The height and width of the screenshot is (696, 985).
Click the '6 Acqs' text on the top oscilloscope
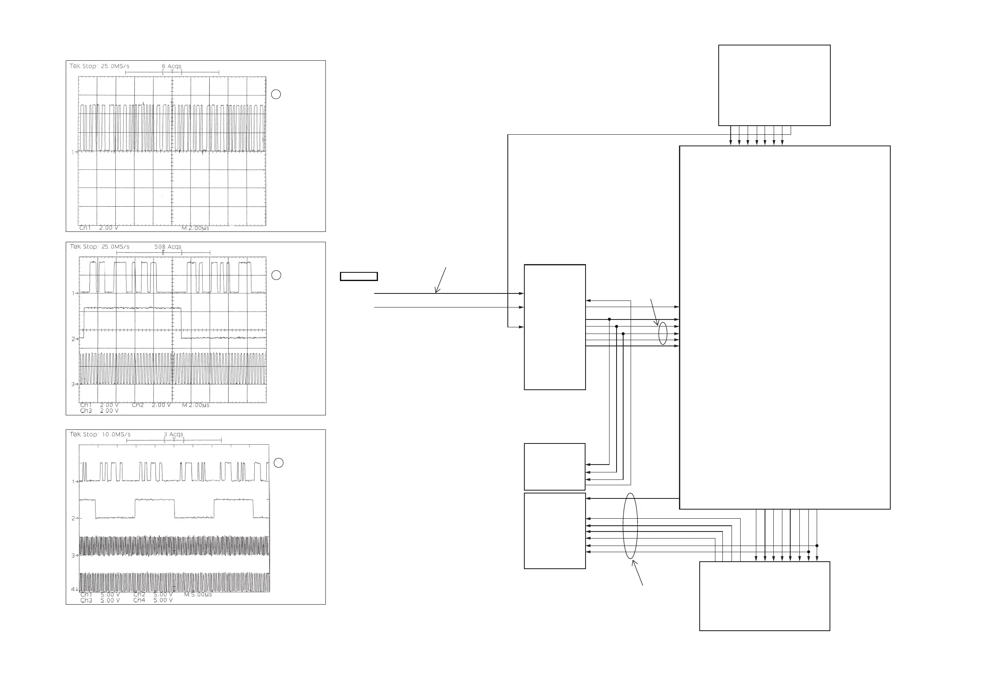(171, 66)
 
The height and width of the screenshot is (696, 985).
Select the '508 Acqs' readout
(168, 247)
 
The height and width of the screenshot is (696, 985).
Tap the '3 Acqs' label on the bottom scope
(173, 434)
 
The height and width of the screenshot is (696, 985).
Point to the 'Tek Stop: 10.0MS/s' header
(100, 434)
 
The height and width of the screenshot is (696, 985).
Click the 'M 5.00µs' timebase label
(198, 595)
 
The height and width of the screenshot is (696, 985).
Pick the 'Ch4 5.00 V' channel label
(153, 601)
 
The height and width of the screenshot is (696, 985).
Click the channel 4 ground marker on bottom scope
(74, 589)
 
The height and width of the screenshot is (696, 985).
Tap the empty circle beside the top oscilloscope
(276, 94)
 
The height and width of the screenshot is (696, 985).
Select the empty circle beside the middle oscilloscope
(276, 275)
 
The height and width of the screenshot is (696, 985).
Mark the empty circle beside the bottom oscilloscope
(278, 463)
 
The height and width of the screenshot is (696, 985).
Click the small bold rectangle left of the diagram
(359, 276)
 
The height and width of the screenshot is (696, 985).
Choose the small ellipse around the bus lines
(663, 333)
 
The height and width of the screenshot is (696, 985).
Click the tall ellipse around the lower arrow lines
(630, 526)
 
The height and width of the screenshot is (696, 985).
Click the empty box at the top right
(775, 85)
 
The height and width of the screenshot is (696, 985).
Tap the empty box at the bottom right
(765, 596)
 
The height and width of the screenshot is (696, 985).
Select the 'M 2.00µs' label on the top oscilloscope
(195, 228)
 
